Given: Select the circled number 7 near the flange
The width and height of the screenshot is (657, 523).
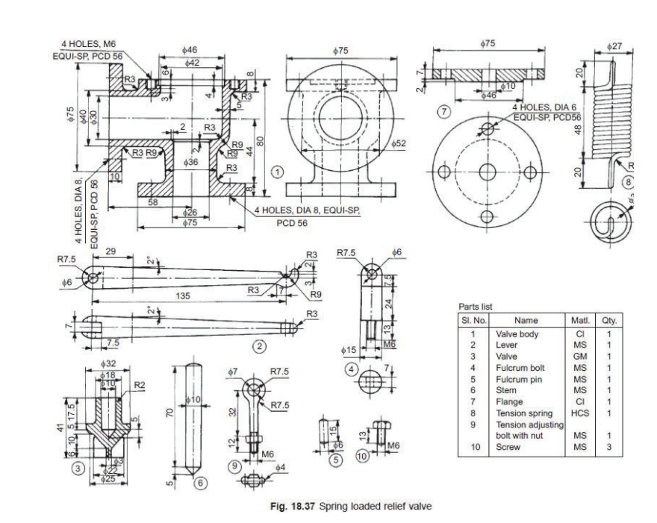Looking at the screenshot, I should pos(445,111).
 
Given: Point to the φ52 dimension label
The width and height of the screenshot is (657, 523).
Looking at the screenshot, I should pos(396,143).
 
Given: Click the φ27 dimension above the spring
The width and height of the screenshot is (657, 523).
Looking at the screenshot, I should pos(614,46).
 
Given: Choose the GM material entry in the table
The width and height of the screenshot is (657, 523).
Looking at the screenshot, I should pos(580,356).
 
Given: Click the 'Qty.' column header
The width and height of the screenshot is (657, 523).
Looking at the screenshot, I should pos(608,320).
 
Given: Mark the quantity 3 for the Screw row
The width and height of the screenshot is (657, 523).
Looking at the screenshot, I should pos(608,448).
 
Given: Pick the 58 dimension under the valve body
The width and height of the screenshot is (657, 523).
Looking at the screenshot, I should pos(152,202).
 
